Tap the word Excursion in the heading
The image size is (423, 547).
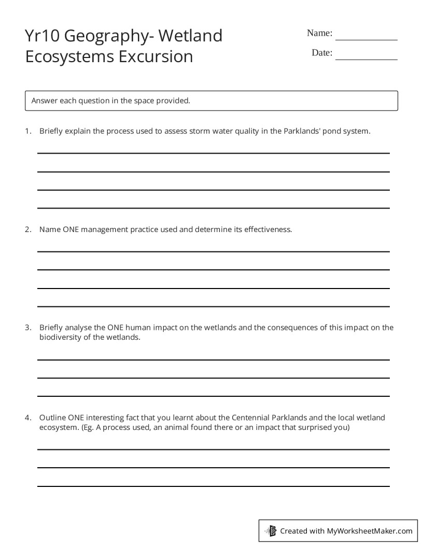[156, 56]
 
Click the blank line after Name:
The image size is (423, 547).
[366, 39]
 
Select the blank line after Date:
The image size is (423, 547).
[366, 59]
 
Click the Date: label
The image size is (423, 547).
[322, 53]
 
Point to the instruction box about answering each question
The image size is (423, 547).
[212, 100]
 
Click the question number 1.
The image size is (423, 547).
[27, 131]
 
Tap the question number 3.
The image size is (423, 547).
[27, 327]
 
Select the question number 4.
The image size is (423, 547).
[27, 418]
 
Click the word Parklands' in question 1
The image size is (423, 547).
[302, 131]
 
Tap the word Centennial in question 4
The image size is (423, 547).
[250, 418]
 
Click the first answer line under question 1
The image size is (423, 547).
[213, 153]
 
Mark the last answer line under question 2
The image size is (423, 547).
[213, 306]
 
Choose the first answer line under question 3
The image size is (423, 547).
[213, 359]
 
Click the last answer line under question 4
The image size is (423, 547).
[213, 486]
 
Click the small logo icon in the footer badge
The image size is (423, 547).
[271, 531]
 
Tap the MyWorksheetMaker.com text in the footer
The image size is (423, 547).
[370, 531]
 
